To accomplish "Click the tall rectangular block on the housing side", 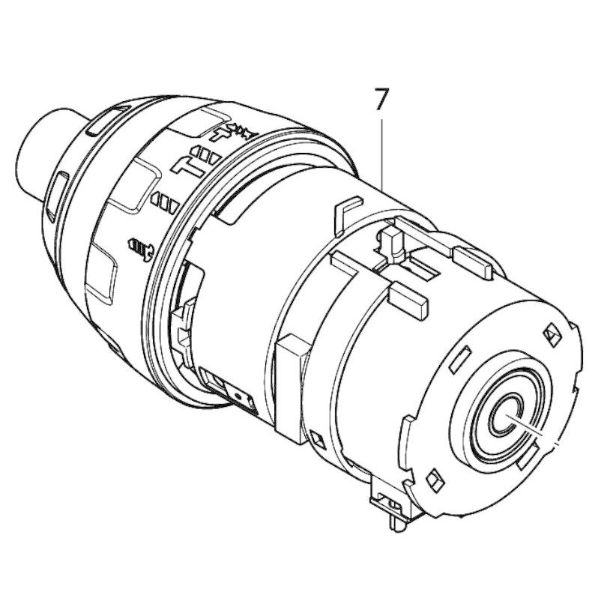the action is (292, 385).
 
